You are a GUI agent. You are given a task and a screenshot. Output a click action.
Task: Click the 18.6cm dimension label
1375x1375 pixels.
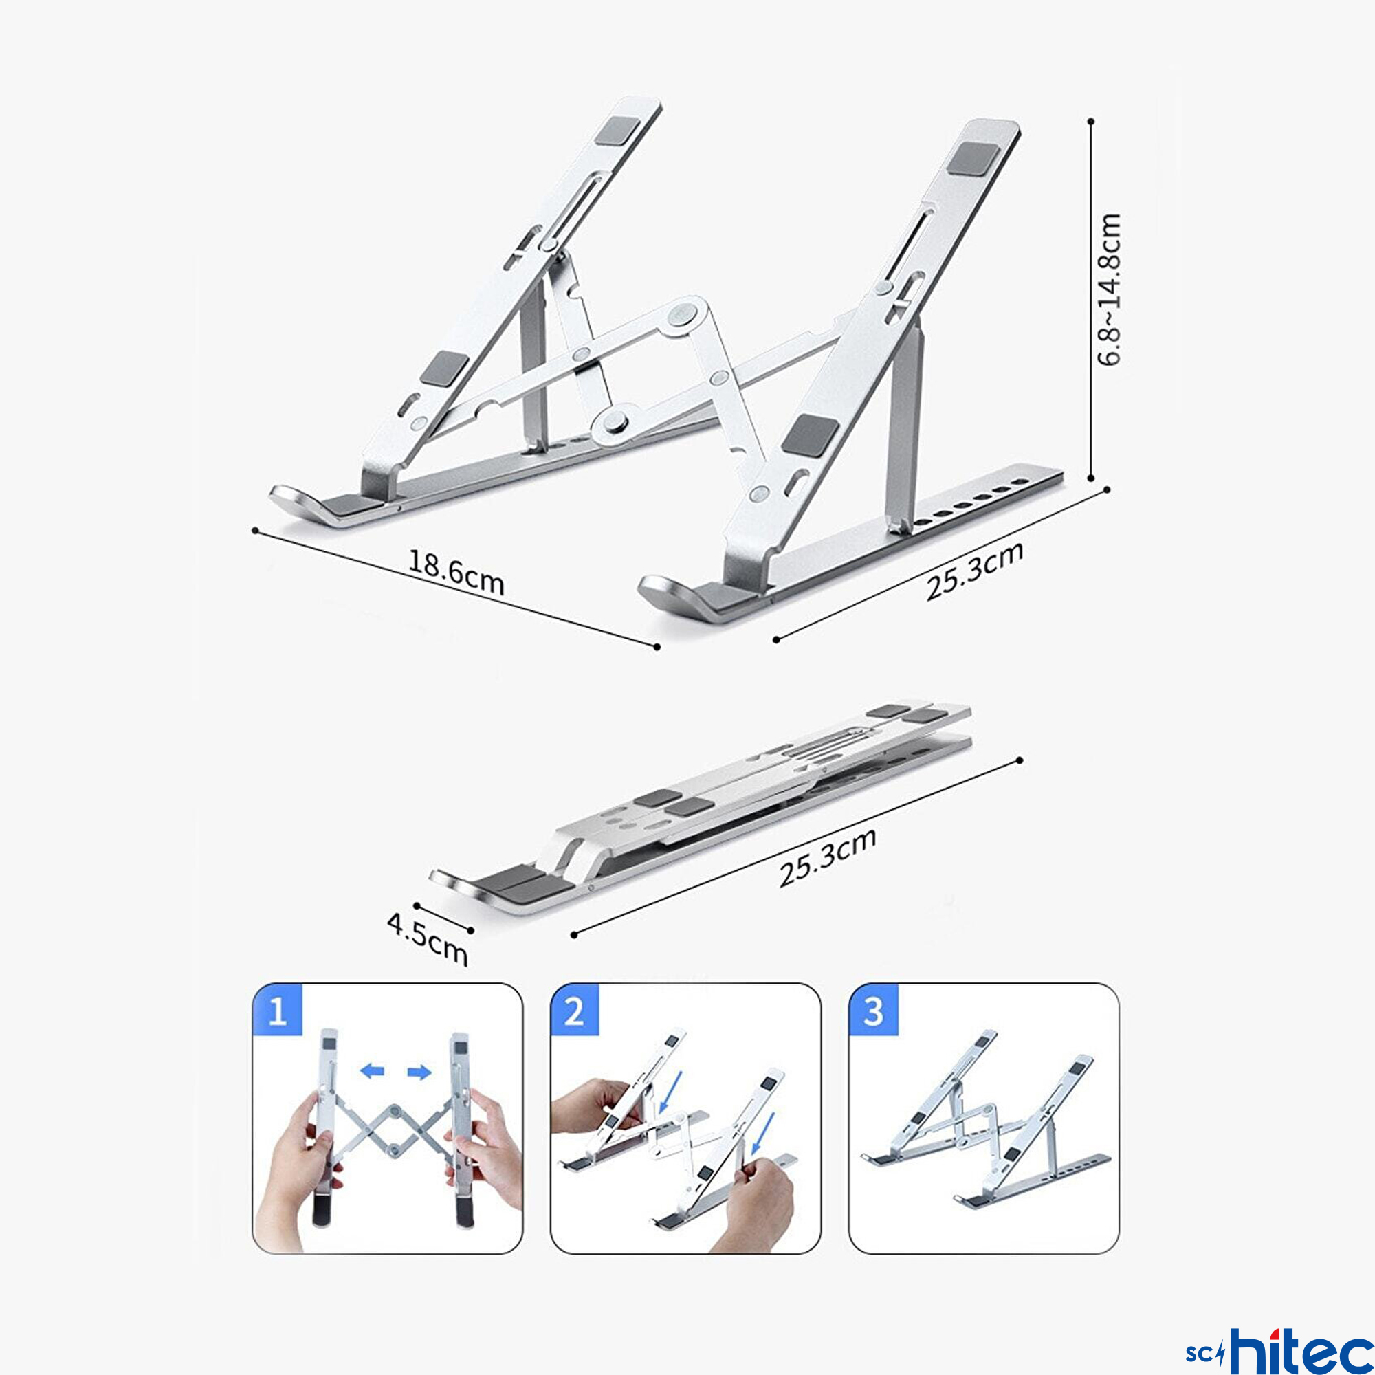[456, 572]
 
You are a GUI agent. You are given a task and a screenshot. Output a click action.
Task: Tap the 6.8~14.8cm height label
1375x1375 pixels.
[1109, 289]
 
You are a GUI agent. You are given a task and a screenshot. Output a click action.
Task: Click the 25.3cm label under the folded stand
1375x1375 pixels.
[827, 857]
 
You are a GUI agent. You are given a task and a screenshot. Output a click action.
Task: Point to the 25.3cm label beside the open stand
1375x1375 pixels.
[974, 571]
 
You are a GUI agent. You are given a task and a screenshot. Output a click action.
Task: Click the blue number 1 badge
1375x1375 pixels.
[278, 1010]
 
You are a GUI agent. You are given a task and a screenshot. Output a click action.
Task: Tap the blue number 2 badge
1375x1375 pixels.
[574, 1010]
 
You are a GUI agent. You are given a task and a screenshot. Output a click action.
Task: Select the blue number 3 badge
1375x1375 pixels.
[873, 1010]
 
